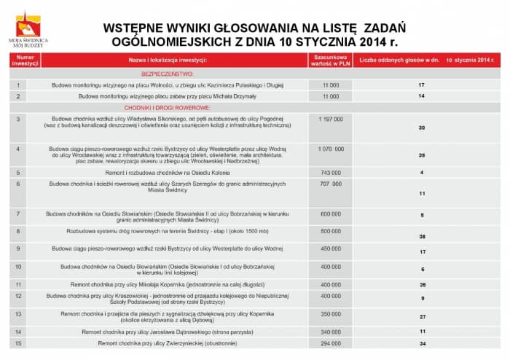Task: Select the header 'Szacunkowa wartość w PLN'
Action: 330,60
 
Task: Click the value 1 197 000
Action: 330,118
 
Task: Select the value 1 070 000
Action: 330,149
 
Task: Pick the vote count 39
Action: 422,155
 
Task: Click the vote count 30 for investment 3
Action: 422,128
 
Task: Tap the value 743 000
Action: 330,172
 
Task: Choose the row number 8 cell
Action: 19,231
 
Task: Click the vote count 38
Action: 422,237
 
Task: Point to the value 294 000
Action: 330,343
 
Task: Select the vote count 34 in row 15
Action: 422,343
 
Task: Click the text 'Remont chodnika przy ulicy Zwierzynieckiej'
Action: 167,343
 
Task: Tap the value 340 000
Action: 330,332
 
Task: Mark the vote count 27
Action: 422,317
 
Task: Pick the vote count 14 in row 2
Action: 422,96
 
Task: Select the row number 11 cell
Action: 19,285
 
